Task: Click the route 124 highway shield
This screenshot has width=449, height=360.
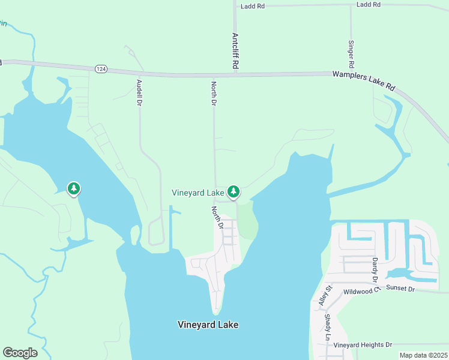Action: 101,70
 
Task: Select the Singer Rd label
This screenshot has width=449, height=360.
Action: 351,54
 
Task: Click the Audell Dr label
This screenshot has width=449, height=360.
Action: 139,92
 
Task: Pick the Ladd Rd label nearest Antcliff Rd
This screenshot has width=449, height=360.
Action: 252,6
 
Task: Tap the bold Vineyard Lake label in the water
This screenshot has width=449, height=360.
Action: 208,325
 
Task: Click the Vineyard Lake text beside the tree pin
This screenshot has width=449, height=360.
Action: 197,193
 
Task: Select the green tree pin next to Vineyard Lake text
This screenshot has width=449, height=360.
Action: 234,191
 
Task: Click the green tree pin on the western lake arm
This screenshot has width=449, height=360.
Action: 73,189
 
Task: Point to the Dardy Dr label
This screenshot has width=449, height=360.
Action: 375,271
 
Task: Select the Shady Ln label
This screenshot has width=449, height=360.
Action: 328,326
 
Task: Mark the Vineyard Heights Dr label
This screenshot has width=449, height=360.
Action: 363,345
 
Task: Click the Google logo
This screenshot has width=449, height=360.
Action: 20,353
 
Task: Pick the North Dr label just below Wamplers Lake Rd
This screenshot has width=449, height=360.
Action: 213,94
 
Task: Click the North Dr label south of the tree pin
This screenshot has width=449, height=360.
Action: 217,218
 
